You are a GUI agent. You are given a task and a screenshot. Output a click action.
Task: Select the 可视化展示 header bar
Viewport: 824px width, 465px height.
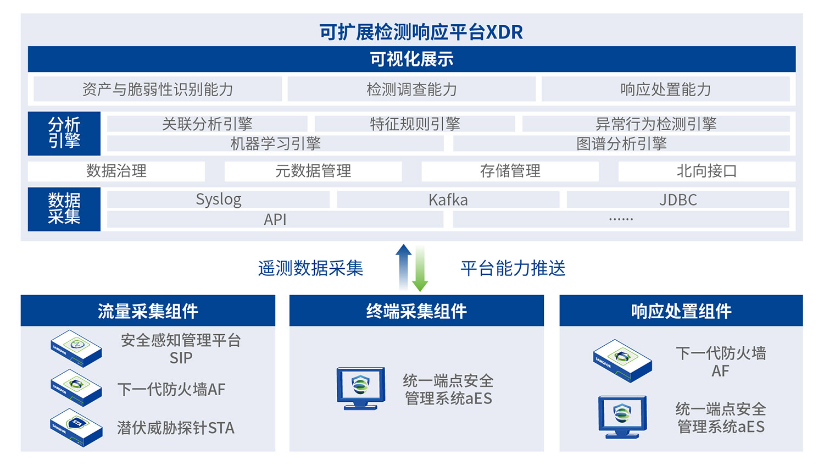coord(411,59)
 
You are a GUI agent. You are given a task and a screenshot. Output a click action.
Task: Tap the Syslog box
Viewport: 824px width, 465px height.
coord(218,199)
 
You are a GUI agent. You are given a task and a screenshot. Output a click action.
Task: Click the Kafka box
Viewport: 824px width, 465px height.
coord(448,199)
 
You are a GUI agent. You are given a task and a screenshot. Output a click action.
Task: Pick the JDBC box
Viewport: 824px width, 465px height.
coord(677,199)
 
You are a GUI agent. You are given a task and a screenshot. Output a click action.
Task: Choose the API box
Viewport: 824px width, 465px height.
coord(275,219)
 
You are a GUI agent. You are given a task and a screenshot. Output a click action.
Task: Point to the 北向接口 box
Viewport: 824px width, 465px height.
coord(706,171)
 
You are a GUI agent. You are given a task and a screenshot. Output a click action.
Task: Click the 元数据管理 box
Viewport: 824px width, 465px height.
coord(313,171)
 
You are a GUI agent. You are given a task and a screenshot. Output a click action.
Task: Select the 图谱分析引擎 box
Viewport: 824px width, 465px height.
coord(621,143)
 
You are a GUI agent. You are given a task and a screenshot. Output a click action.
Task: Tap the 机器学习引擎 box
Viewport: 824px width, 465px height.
coord(275,143)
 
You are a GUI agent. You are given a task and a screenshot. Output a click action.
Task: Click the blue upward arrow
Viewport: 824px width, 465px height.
coord(404,267)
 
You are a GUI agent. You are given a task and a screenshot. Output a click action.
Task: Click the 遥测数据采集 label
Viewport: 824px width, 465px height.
coord(310,268)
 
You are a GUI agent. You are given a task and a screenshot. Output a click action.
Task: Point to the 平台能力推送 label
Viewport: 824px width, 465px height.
coord(513,268)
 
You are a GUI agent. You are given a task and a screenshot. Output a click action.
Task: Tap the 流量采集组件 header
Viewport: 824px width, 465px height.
coord(148,311)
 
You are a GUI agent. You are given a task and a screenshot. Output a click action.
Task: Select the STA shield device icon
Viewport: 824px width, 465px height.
coord(76,428)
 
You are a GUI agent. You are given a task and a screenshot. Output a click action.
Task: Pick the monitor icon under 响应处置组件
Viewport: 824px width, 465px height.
coord(622,417)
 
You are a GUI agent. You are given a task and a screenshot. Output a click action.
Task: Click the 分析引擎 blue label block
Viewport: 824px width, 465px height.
coord(64,133)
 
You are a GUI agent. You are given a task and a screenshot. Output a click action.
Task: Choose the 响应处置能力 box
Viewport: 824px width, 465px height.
coord(665,89)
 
